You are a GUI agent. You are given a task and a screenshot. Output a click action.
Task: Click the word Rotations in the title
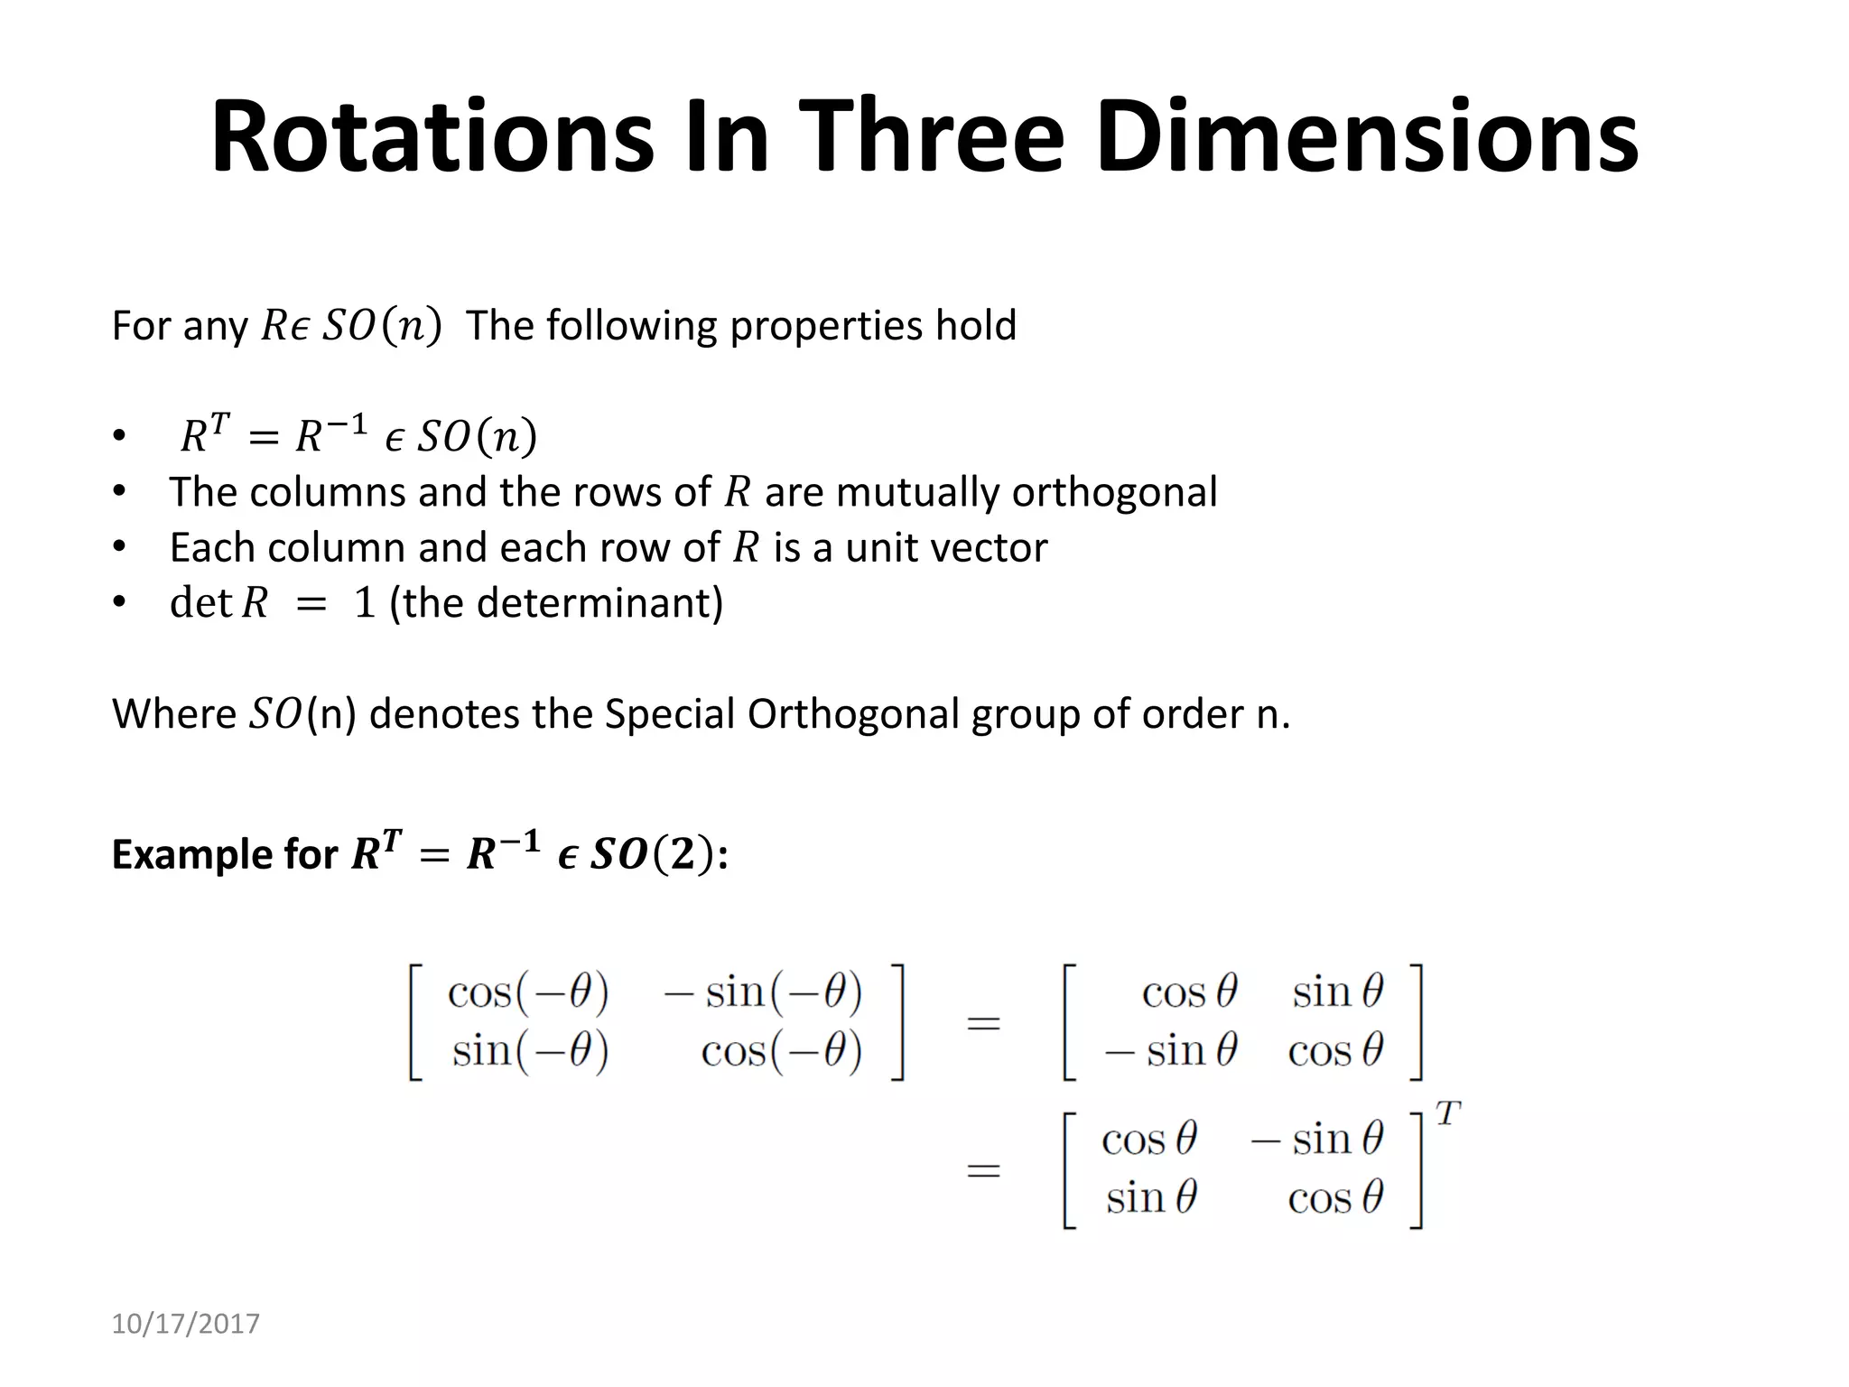432,138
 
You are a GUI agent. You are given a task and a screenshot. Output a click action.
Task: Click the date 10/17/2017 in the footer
185,1324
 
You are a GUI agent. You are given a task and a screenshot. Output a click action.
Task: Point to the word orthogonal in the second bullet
1114,493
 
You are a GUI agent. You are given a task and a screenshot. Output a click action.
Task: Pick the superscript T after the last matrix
1448,1115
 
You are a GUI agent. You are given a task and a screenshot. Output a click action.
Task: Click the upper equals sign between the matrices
984,1024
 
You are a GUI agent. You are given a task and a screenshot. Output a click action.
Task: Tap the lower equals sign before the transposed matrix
984,1172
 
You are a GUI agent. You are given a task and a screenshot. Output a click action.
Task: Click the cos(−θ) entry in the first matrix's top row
528,993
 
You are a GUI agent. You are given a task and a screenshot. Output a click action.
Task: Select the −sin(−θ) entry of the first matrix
763,993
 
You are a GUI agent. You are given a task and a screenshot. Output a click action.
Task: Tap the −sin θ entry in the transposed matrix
1317,1140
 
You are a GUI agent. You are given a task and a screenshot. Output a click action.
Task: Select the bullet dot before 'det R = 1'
118,602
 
